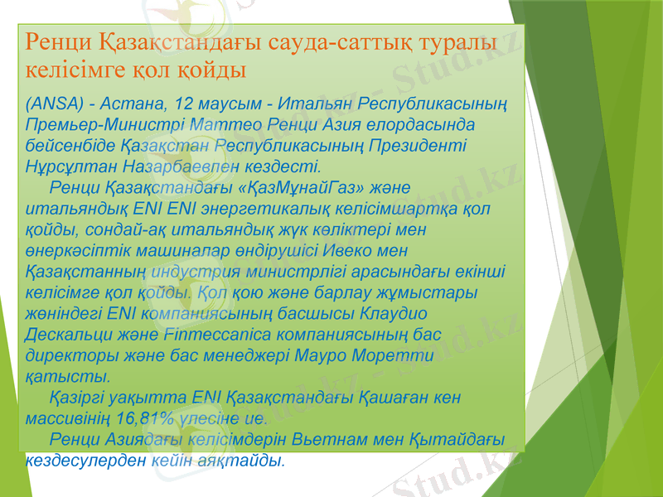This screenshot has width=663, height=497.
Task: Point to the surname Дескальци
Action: [x=69, y=334]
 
